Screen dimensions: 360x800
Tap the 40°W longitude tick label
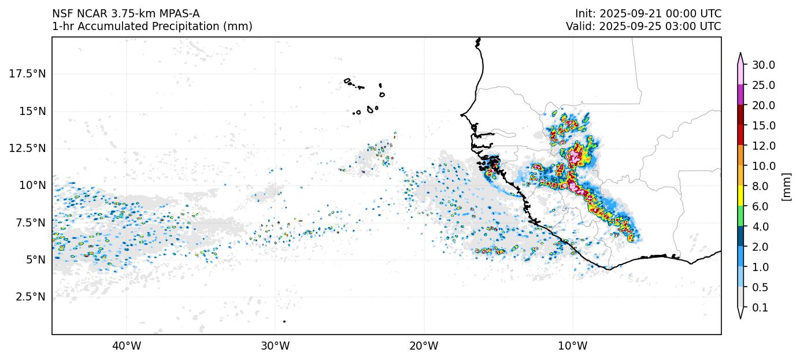126,346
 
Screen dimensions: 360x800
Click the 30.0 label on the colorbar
763,65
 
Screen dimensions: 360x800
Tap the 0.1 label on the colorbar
760,307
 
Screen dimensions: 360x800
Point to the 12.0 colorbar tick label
763,146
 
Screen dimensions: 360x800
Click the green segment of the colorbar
740,216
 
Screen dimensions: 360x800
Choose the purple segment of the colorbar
740,95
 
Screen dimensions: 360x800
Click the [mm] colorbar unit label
786,186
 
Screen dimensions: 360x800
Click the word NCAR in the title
90,13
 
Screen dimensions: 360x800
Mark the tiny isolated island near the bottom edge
284,321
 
